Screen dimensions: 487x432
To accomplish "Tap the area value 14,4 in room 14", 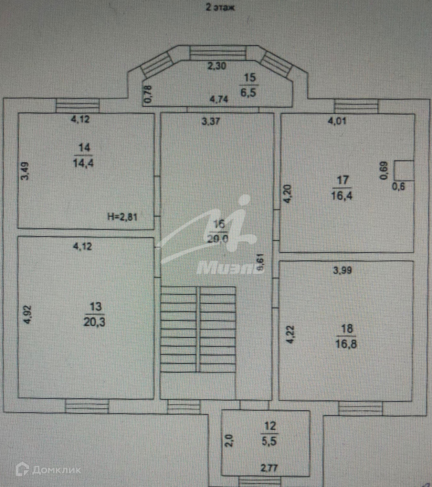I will [x=84, y=163].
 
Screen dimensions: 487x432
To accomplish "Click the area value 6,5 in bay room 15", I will [x=249, y=93].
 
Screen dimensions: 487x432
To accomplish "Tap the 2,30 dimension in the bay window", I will [x=217, y=66].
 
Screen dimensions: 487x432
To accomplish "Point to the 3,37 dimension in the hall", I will [x=210, y=122].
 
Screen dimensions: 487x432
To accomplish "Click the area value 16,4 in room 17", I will [x=342, y=196].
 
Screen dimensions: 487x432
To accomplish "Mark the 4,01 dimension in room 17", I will [x=337, y=121].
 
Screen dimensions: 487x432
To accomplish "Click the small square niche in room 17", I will [x=403, y=170].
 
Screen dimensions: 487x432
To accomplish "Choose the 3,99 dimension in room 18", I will [x=342, y=270].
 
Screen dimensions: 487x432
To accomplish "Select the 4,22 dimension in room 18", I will [x=290, y=334].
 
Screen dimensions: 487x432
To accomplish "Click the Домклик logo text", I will [x=56, y=470].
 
